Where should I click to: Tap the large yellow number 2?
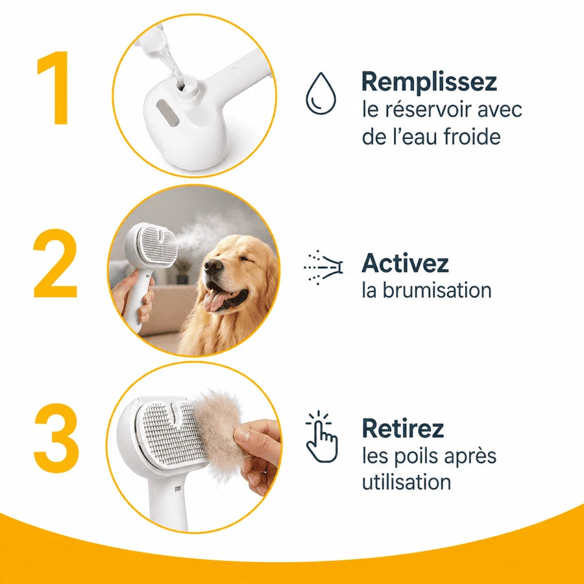[55, 263]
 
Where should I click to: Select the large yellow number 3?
[56, 437]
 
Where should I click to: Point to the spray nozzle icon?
[323, 267]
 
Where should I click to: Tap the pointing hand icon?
[321, 437]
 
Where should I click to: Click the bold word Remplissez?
[429, 82]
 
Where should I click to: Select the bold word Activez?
[405, 263]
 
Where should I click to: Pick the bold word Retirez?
[403, 428]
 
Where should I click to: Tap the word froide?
[472, 136]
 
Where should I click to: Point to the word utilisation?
[406, 481]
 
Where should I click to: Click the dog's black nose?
[213, 266]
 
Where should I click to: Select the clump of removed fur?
[220, 432]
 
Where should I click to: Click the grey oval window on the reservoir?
[167, 113]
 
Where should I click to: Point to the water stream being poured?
[172, 64]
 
